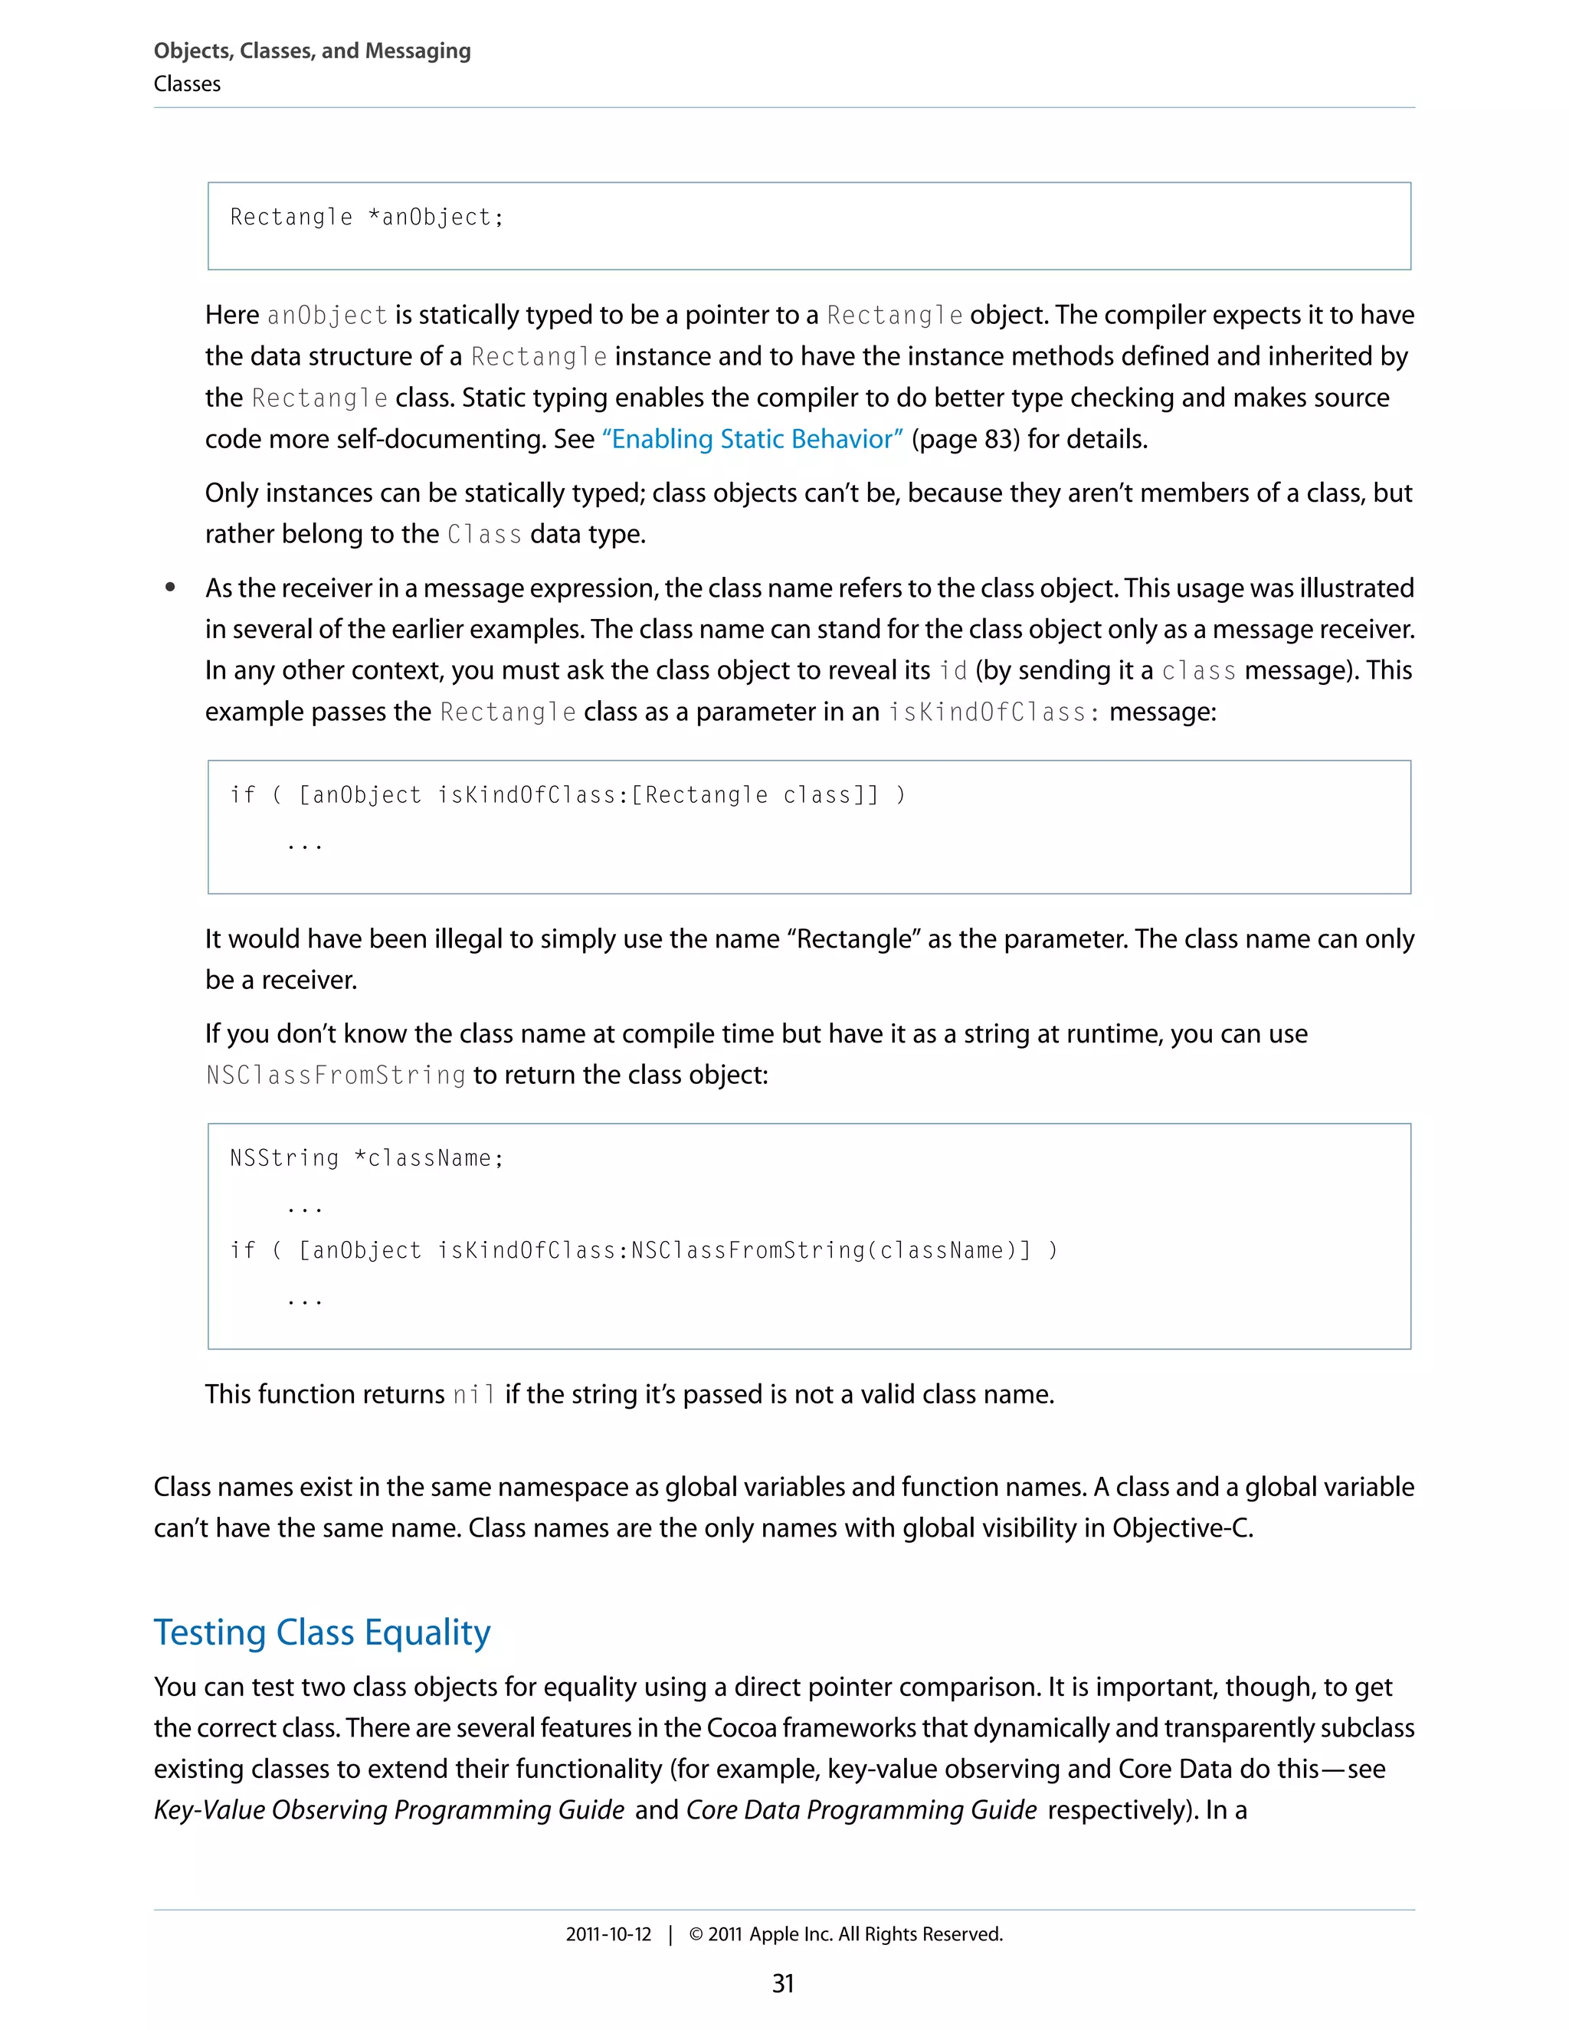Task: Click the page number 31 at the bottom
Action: click(x=783, y=1983)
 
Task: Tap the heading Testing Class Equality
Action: click(x=322, y=1632)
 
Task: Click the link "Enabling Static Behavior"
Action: click(x=753, y=439)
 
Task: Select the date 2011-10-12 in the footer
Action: click(x=609, y=1934)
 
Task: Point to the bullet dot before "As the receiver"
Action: click(x=170, y=588)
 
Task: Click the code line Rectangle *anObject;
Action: click(x=366, y=218)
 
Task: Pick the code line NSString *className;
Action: click(x=366, y=1158)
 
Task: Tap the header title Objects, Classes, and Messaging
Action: click(x=313, y=51)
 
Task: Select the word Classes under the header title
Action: click(x=187, y=84)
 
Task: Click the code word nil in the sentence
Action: click(x=473, y=1394)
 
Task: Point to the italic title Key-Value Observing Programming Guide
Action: click(x=388, y=1809)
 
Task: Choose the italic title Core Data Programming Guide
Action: click(x=860, y=1809)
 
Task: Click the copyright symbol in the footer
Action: click(x=696, y=1934)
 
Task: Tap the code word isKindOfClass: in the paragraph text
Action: click(x=994, y=712)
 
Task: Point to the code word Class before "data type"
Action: click(x=483, y=535)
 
